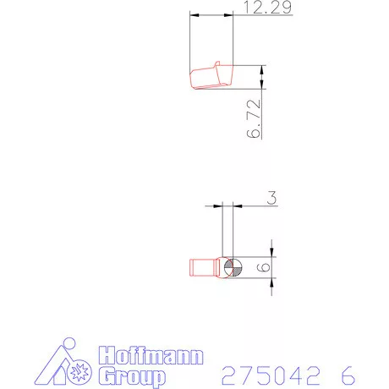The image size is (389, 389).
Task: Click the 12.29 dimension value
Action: (267, 7)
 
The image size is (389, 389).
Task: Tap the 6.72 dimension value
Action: (254, 118)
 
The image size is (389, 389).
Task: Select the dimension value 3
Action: (271, 198)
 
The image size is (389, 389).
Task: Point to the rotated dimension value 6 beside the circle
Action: (264, 267)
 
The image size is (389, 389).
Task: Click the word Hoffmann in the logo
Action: (151, 355)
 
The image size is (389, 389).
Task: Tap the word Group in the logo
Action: (132, 376)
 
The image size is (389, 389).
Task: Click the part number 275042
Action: (271, 375)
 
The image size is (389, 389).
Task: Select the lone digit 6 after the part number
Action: (348, 375)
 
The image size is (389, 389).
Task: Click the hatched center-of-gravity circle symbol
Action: (233, 267)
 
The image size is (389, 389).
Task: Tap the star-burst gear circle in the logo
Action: (79, 372)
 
